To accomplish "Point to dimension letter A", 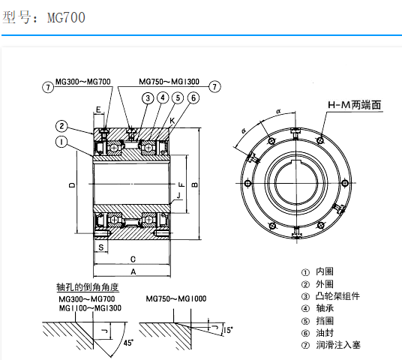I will coord(132,271).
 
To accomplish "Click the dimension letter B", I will coord(194,184).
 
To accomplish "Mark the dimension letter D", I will coord(72,184).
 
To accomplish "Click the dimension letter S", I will coord(99,246).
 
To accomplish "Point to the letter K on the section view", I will coord(173,121).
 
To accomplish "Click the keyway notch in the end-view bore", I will coord(290,161).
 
